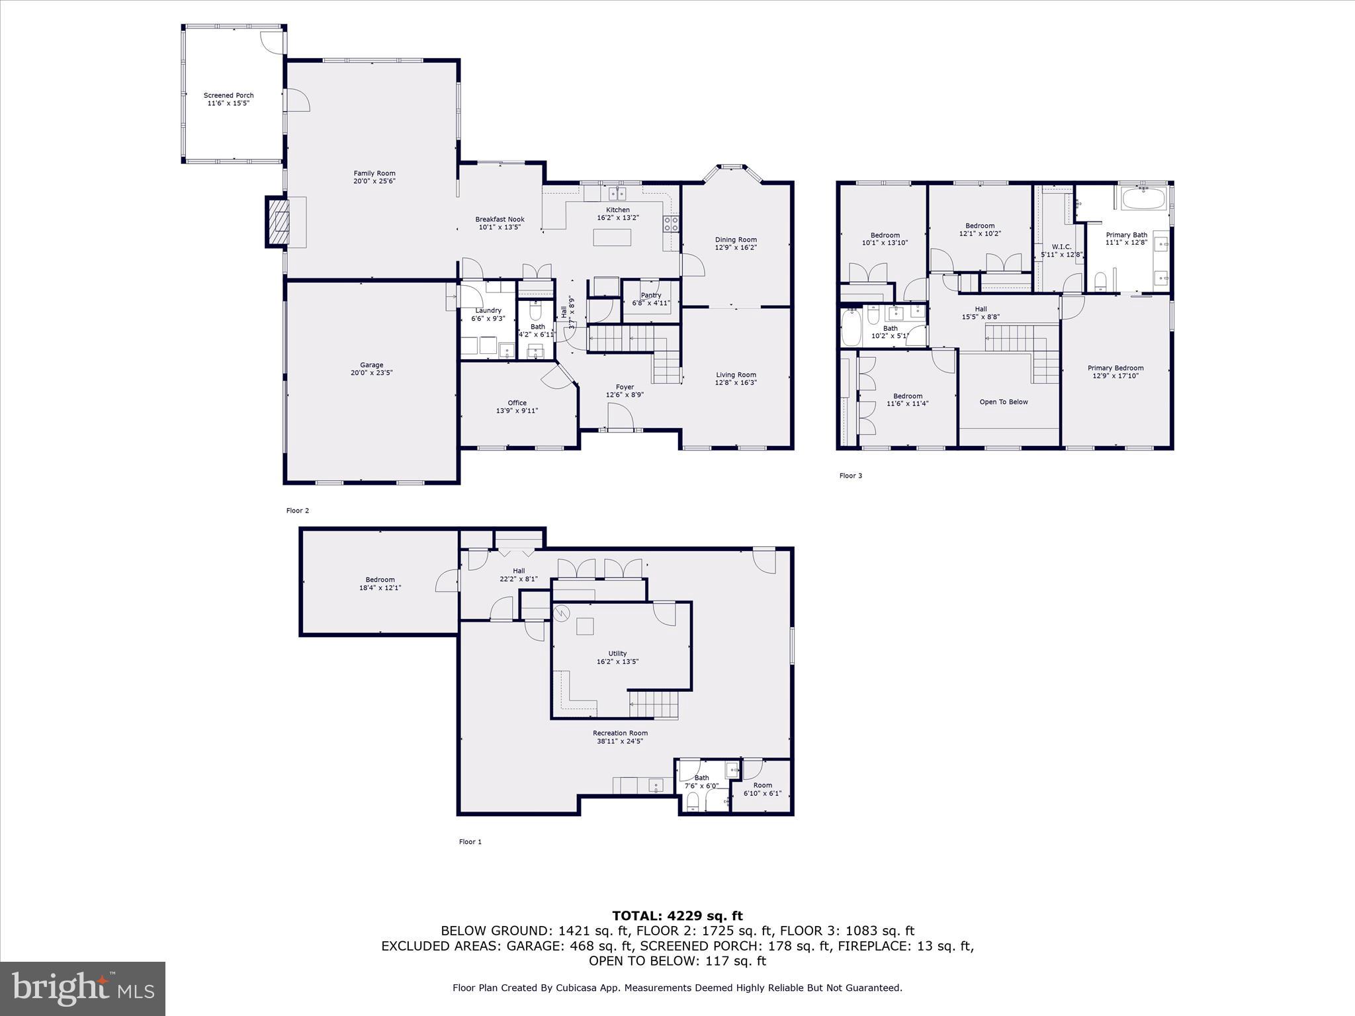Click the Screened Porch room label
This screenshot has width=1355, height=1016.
[228, 95]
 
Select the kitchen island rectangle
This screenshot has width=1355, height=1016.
[611, 237]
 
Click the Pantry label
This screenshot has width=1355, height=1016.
[650, 295]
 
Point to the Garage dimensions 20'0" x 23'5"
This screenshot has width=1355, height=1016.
[371, 373]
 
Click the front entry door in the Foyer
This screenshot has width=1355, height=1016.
[621, 419]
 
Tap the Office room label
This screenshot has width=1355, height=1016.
[517, 403]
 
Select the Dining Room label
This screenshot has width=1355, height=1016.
[736, 240]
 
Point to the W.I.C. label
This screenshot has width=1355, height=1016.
[1061, 247]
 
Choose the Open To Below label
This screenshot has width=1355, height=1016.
[1004, 402]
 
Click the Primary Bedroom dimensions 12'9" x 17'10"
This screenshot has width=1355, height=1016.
[1115, 376]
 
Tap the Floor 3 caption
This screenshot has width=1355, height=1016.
[850, 476]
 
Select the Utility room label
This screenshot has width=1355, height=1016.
[617, 654]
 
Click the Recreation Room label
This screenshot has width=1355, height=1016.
[620, 733]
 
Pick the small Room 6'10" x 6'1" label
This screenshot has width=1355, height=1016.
[762, 785]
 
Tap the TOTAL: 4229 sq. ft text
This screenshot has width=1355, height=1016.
[677, 916]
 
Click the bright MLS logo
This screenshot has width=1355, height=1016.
[83, 989]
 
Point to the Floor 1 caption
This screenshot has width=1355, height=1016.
[470, 842]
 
